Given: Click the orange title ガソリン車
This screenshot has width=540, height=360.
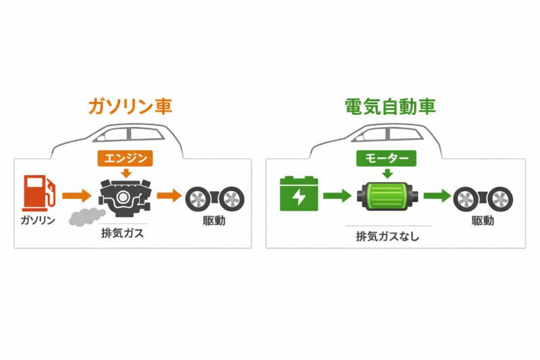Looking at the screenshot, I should tap(130, 107).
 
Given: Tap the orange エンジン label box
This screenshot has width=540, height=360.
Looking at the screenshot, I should tap(126, 158).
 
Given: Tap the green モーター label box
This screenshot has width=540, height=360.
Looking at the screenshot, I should tap(387, 158).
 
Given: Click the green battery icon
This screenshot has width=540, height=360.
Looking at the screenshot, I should tap(298, 194).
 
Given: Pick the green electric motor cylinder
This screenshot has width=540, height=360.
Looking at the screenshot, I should tap(387, 198).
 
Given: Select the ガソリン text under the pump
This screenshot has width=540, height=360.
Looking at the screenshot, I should tap(36, 221).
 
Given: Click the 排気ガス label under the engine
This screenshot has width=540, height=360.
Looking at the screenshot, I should tap(125, 234).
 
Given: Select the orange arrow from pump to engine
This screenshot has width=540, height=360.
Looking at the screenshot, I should tap(76, 197).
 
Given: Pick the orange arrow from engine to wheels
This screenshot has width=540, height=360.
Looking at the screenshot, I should tap(169, 197).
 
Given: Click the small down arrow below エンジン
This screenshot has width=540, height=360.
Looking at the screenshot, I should tap(126, 174).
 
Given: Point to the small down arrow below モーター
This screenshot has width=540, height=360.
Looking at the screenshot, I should tap(387, 174).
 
